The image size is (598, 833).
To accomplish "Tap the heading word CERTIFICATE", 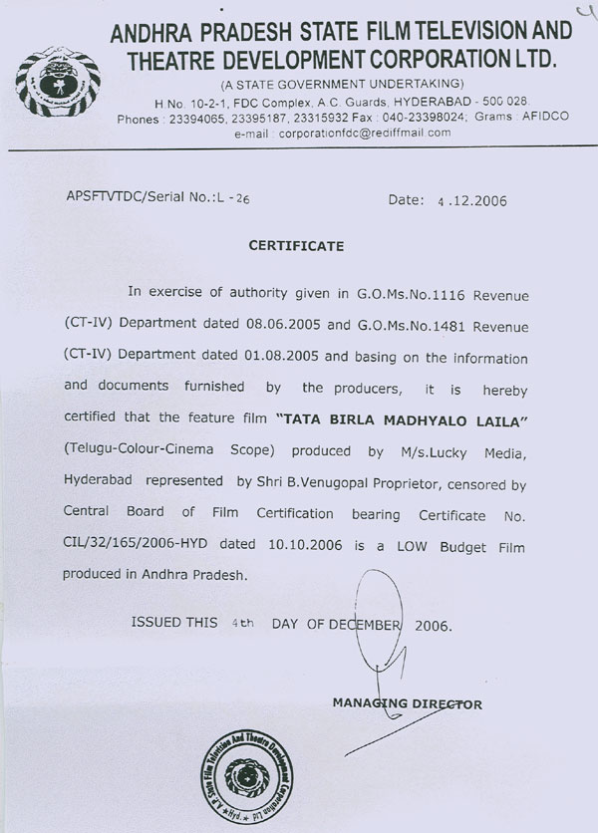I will click(x=297, y=244).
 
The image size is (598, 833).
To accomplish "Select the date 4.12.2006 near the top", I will click(x=472, y=200).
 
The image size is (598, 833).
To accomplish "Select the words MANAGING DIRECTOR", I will click(x=407, y=703).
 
